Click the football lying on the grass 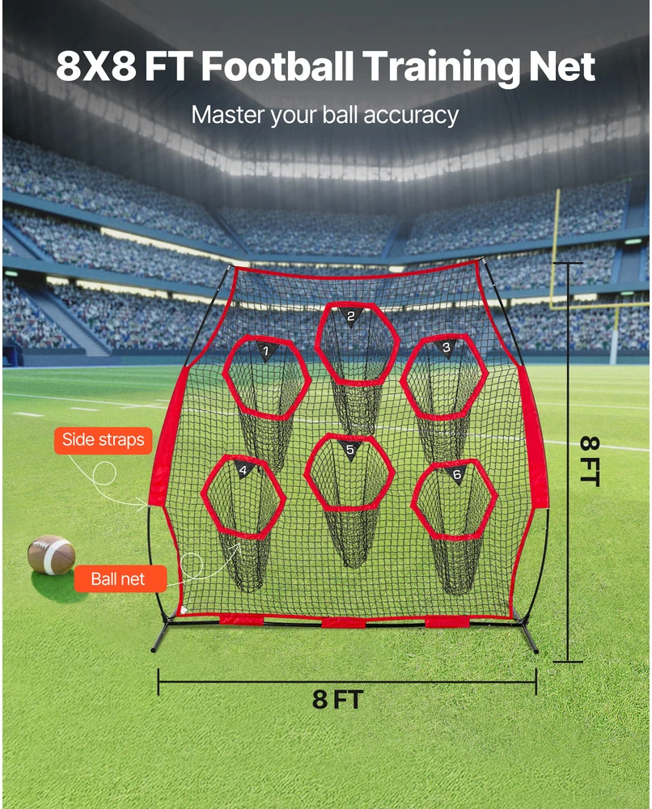point(51,555)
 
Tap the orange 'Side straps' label point(104,440)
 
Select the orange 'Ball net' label point(121,579)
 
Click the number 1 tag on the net point(266,351)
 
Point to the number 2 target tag point(351,316)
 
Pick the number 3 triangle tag point(446,347)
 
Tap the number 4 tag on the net point(243,469)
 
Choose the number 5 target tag point(349,449)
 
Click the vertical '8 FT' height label point(590,461)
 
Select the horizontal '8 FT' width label point(337,700)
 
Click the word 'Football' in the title point(277,66)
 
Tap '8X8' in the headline point(96,66)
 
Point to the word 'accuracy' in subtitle point(411,115)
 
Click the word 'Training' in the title point(442,68)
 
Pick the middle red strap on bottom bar point(344,623)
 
